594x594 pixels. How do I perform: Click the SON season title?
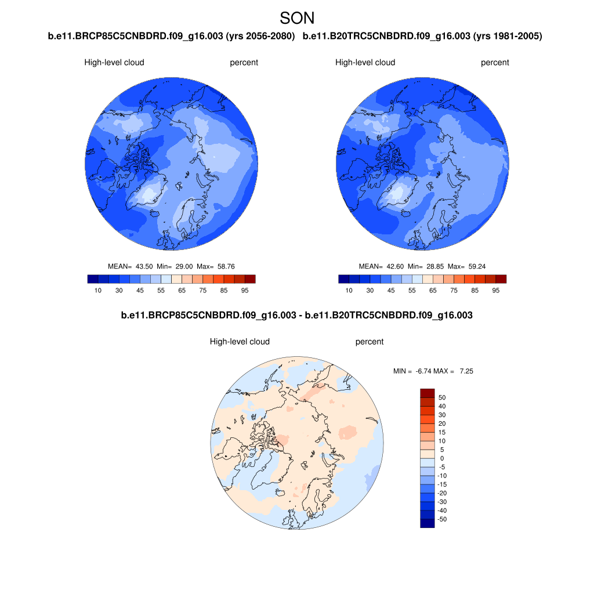tap(297, 18)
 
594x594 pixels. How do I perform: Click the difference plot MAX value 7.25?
tap(466, 371)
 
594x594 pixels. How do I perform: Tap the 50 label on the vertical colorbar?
tap(442, 397)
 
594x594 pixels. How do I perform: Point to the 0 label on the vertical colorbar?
tap(442, 458)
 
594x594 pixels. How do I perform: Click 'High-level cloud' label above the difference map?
tap(240, 342)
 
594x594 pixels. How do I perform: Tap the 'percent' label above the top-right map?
tap(495, 63)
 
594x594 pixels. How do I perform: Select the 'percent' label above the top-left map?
tap(244, 63)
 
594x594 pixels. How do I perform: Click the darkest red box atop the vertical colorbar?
tap(427, 393)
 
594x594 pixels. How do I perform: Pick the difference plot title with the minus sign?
tap(296, 316)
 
